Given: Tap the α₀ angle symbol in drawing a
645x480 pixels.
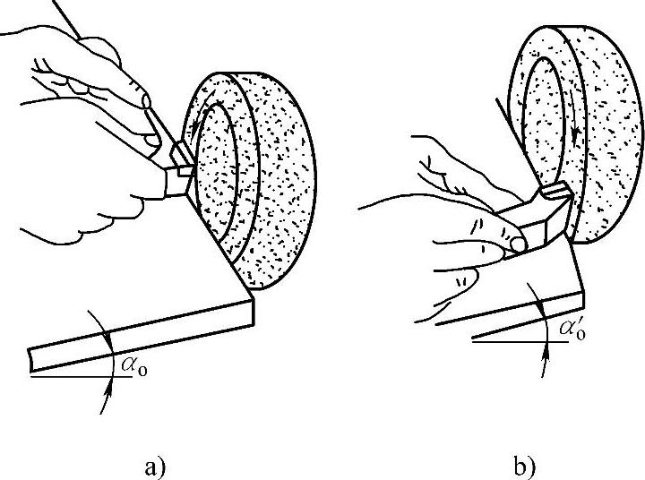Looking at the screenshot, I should [x=130, y=368].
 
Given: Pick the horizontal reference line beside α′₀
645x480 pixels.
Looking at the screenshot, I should [x=511, y=340].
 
